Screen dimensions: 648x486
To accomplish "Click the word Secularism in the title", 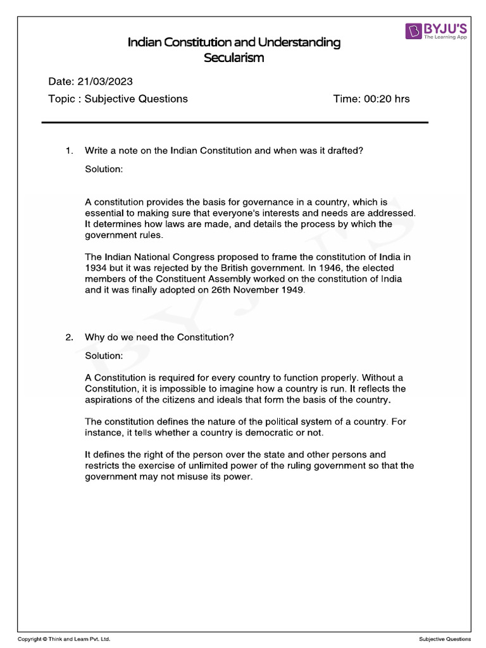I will pos(234,58).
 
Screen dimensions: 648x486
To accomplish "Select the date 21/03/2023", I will pos(105,82).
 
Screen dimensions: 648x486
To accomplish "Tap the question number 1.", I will pos(70,151).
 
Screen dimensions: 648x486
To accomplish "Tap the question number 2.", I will pos(70,337).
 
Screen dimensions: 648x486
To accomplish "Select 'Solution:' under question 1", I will pos(104,170).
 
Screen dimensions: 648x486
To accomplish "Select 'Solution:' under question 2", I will pos(104,356).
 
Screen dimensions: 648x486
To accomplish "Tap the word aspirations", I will pos(109,400).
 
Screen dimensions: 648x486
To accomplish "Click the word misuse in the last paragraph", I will pos(195,478).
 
